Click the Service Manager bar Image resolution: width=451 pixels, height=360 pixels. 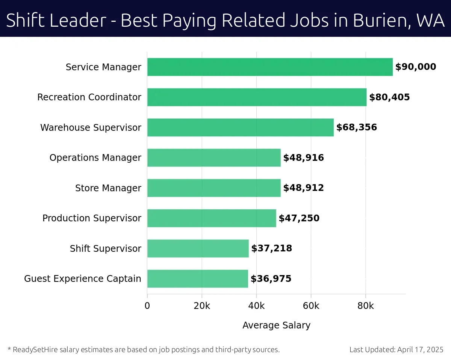270,67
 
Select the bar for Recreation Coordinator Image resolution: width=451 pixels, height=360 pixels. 257,97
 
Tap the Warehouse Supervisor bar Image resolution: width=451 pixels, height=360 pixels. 240,127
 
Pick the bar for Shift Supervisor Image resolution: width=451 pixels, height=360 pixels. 198,248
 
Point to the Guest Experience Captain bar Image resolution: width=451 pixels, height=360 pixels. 197,278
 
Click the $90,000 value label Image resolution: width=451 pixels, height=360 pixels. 416,67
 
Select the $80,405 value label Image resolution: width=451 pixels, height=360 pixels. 389,97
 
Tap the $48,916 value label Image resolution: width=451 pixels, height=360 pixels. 303,158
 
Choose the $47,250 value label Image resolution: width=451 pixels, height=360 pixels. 299,218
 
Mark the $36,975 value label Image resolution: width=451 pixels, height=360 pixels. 271,279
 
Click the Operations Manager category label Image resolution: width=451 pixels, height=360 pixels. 95,158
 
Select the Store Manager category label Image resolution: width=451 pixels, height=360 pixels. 108,188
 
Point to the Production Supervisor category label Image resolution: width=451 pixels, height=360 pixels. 92,218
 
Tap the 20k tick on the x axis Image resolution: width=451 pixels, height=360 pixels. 202,306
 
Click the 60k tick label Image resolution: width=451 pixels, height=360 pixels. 311,306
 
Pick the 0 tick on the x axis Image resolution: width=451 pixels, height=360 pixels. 147,306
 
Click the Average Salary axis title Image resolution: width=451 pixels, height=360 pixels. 276,325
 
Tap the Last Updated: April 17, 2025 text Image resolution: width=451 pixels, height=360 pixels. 397,350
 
